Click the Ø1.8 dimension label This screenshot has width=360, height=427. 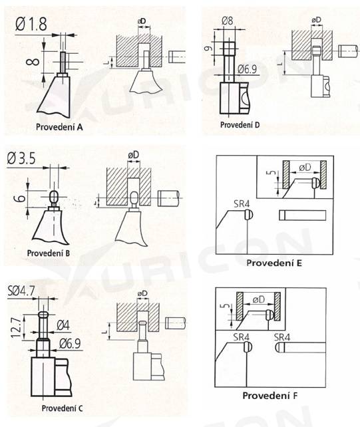click(x=31, y=24)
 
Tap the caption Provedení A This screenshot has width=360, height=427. click(x=59, y=127)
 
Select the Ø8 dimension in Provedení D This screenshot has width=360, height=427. click(x=228, y=21)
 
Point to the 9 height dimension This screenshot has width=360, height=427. click(x=208, y=49)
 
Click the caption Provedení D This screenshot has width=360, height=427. click(x=240, y=125)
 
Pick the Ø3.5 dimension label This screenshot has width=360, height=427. click(x=21, y=158)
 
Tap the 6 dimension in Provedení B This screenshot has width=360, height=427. click(x=19, y=198)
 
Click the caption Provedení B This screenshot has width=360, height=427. click(x=49, y=253)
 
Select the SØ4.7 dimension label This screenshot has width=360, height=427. click(x=21, y=291)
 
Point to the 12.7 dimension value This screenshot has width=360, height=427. click(x=17, y=327)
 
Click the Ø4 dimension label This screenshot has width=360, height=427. click(x=63, y=325)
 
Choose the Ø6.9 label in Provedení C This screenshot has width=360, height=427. click(x=70, y=344)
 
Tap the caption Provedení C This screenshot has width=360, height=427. click(x=62, y=408)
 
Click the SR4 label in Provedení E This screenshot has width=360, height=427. click(x=242, y=204)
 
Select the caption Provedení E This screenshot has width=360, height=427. click(x=274, y=263)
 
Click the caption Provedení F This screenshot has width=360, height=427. click(x=270, y=396)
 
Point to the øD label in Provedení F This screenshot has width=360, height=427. click(x=259, y=300)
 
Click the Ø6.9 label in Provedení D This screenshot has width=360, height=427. click(x=247, y=69)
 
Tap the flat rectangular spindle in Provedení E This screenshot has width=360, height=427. click(x=302, y=215)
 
